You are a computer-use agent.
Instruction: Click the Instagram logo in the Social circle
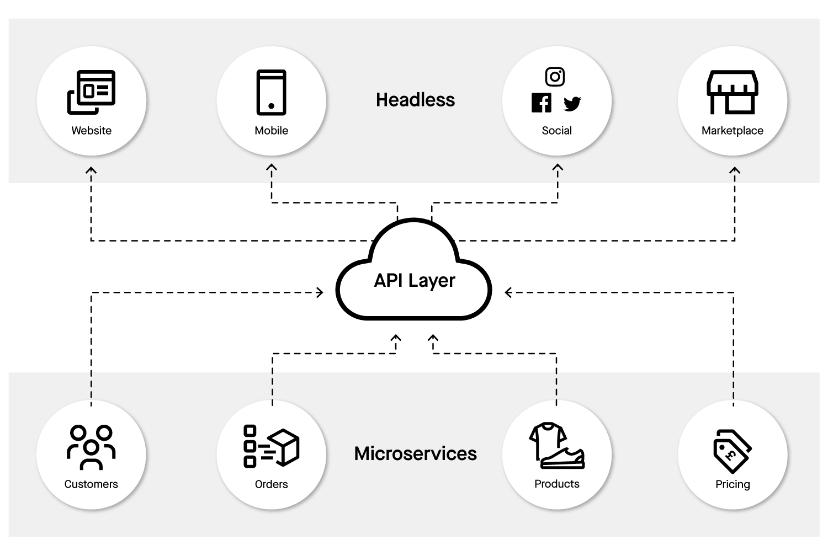pos(555,77)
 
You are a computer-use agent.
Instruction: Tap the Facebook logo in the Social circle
pos(541,103)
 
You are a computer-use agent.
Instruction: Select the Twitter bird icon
pos(572,103)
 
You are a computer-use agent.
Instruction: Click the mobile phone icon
pos(271,92)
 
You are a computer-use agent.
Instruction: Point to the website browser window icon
pos(92,92)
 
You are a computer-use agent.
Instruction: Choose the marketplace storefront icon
pos(733,92)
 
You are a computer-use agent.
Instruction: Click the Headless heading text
pos(415,100)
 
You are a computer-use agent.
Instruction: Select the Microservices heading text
pos(415,453)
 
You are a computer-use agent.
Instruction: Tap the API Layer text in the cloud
pos(415,280)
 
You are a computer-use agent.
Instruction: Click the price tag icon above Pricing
pos(732,451)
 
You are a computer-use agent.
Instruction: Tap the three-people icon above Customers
pos(91,447)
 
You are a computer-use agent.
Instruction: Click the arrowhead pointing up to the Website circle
pos(91,170)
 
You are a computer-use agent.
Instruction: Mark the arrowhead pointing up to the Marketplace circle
pos(734,171)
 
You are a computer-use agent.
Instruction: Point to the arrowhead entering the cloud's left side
pos(320,292)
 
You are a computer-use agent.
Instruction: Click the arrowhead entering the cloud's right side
pos(508,292)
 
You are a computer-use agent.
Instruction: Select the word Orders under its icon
pos(271,484)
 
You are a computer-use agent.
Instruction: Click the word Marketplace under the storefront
pos(732,131)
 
